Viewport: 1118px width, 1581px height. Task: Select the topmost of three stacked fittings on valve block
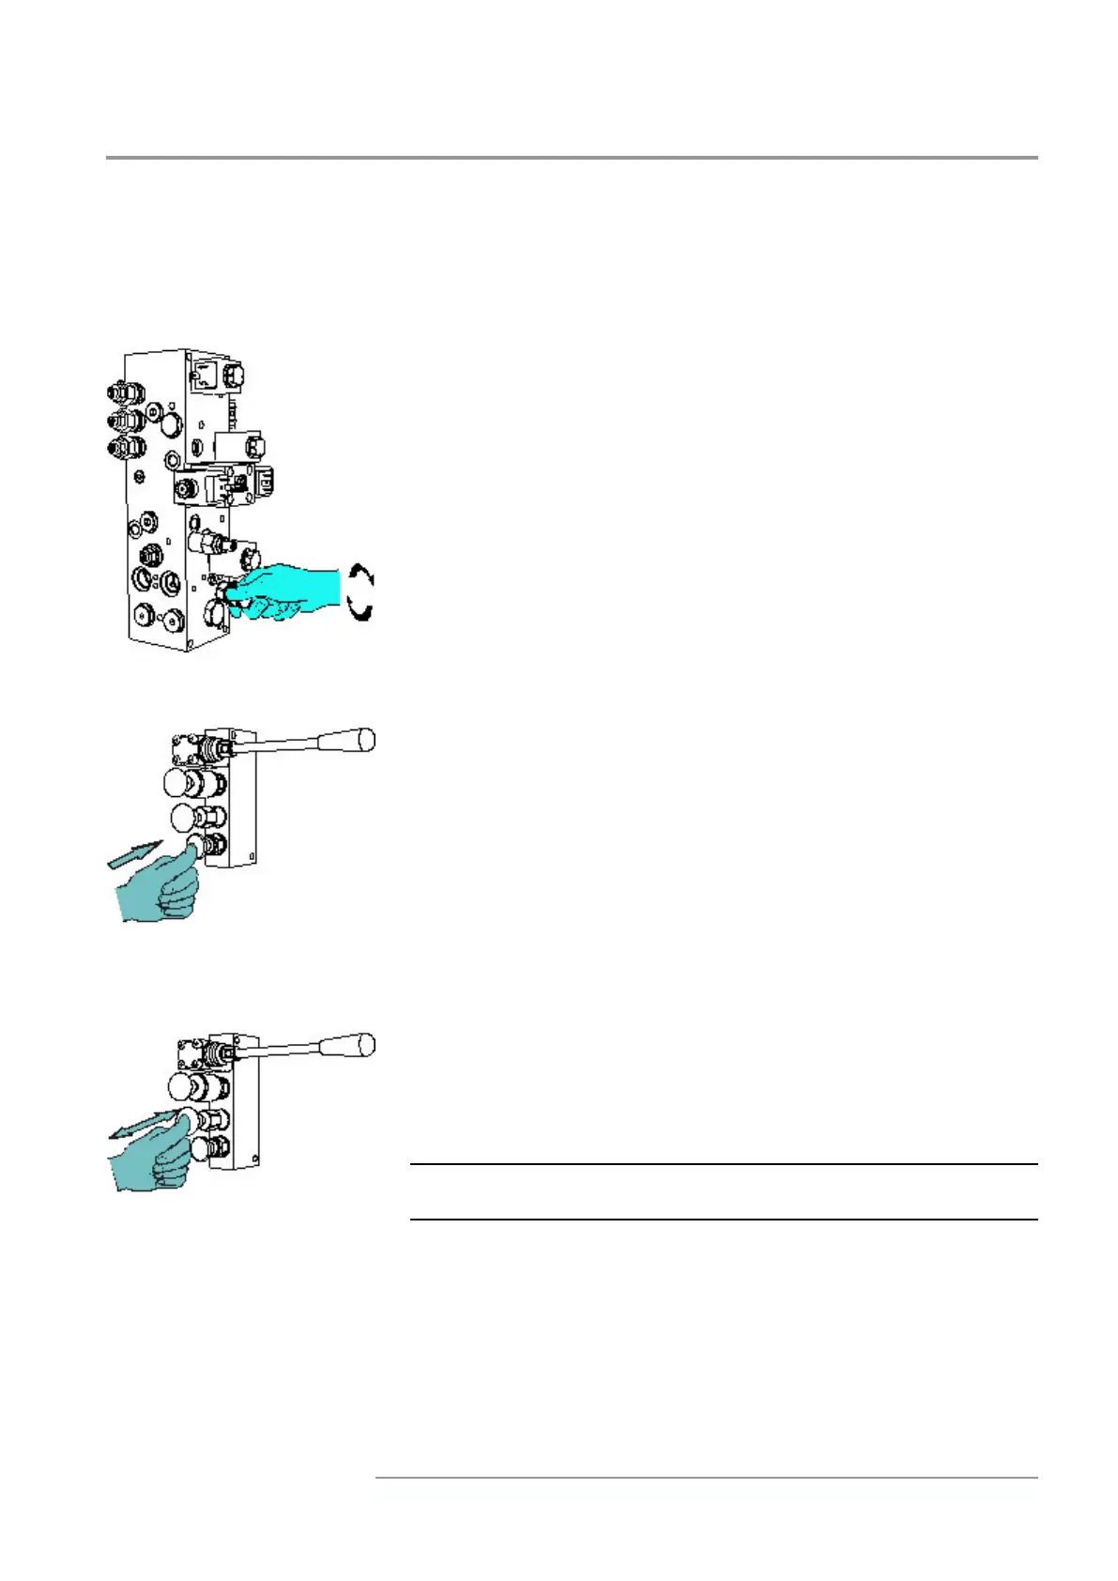(x=125, y=390)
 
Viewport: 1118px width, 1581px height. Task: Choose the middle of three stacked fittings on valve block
(x=125, y=420)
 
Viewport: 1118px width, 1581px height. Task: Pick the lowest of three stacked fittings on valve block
(x=125, y=448)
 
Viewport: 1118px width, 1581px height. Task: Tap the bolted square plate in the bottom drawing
(x=191, y=1053)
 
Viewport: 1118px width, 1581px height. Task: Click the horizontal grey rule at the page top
(x=571, y=158)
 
